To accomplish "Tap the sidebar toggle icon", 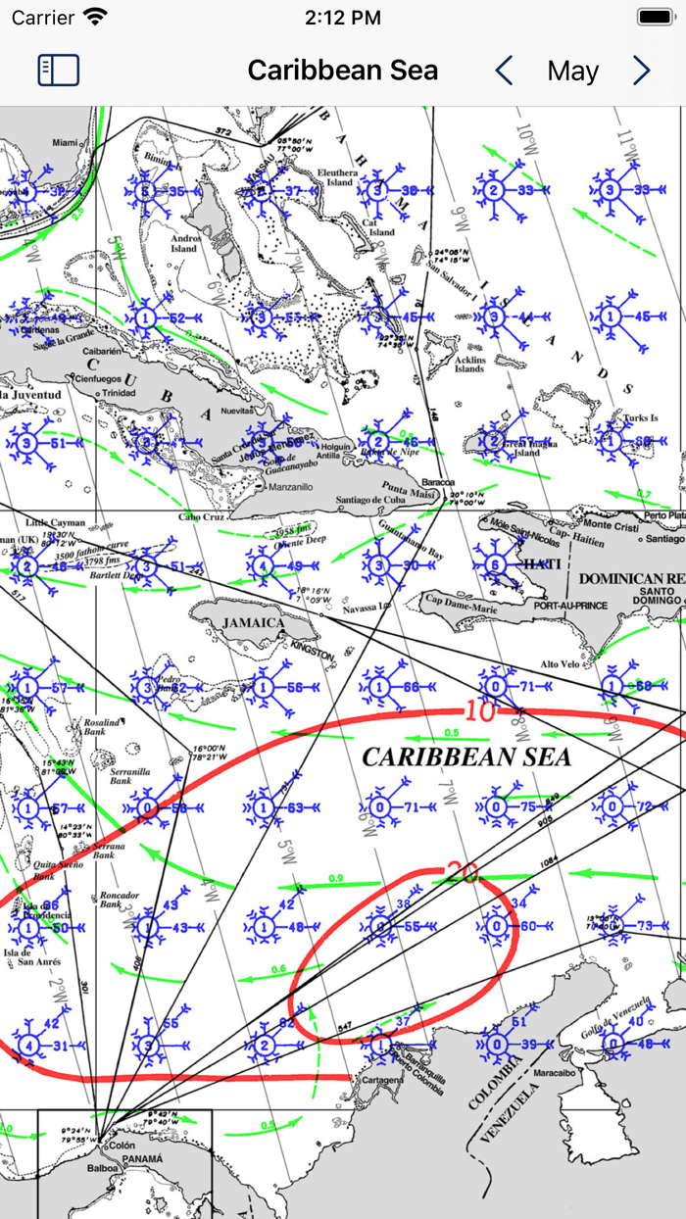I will pyautogui.click(x=59, y=71).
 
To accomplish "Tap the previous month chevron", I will pyautogui.click(x=504, y=71).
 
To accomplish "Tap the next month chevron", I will pyautogui.click(x=641, y=71).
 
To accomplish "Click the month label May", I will pyautogui.click(x=572, y=72).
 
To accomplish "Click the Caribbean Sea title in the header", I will pyautogui.click(x=342, y=71).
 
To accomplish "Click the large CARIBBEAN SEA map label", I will pyautogui.click(x=466, y=756).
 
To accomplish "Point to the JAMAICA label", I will pyautogui.click(x=253, y=622).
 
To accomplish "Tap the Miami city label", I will pyautogui.click(x=65, y=143).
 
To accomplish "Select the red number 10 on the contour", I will pyautogui.click(x=480, y=710).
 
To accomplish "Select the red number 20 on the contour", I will pyautogui.click(x=464, y=870).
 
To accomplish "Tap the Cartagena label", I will pyautogui.click(x=382, y=1081).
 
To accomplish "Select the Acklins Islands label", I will pyautogui.click(x=469, y=364).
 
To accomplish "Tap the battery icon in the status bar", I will pyautogui.click(x=655, y=18).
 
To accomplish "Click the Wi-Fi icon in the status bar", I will pyautogui.click(x=95, y=17).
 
